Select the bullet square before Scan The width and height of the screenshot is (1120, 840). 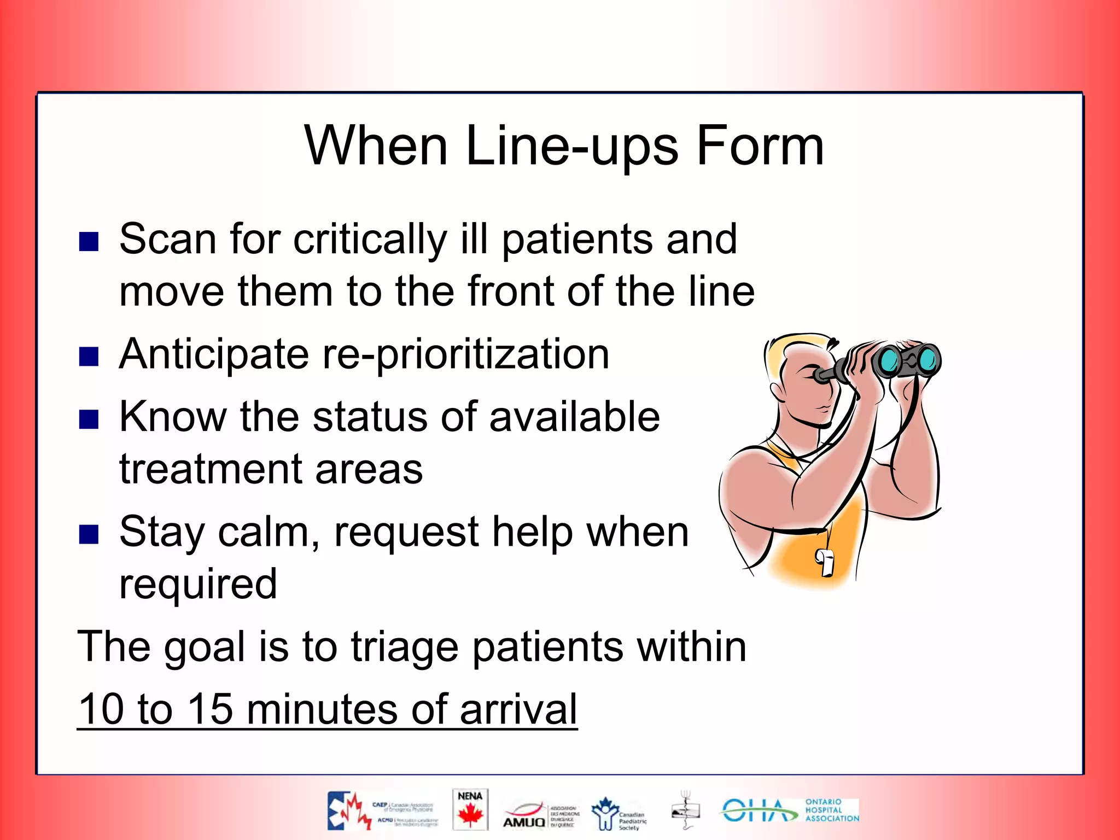coord(89,241)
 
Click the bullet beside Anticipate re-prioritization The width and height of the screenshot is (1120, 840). coord(89,356)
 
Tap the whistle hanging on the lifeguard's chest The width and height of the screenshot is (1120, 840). coord(825,562)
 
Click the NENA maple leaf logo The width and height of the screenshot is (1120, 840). coord(470,809)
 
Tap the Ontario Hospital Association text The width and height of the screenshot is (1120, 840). coord(831,810)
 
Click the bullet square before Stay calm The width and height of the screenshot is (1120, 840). coord(89,534)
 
